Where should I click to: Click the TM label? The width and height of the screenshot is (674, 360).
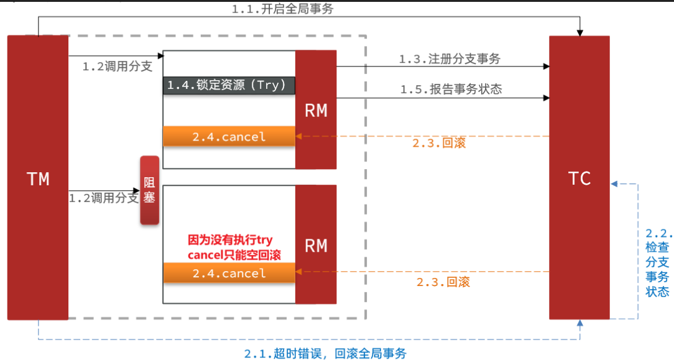click(38, 179)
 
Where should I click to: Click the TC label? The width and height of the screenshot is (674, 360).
click(579, 178)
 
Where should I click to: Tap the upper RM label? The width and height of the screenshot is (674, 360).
click(316, 111)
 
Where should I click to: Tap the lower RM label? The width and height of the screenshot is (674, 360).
click(316, 246)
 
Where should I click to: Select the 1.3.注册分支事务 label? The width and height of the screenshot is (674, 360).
click(450, 59)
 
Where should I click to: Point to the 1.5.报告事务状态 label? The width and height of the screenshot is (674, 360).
click(451, 89)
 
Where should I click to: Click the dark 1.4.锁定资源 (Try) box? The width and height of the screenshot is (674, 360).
click(229, 85)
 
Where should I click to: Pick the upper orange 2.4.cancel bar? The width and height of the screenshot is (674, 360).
click(229, 136)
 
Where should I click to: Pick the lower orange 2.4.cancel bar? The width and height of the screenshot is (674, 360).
click(229, 273)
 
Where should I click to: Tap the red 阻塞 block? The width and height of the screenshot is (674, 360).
click(149, 190)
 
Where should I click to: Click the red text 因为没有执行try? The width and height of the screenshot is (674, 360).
click(230, 240)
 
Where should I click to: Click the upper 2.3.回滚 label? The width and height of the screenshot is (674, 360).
click(439, 142)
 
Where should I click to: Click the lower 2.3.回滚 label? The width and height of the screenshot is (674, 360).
click(443, 282)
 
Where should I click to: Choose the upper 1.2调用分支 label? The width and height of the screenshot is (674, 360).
click(118, 67)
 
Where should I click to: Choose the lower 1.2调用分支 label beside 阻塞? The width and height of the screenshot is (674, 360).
click(103, 198)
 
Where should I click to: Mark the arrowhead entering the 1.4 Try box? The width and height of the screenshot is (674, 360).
click(161, 56)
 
